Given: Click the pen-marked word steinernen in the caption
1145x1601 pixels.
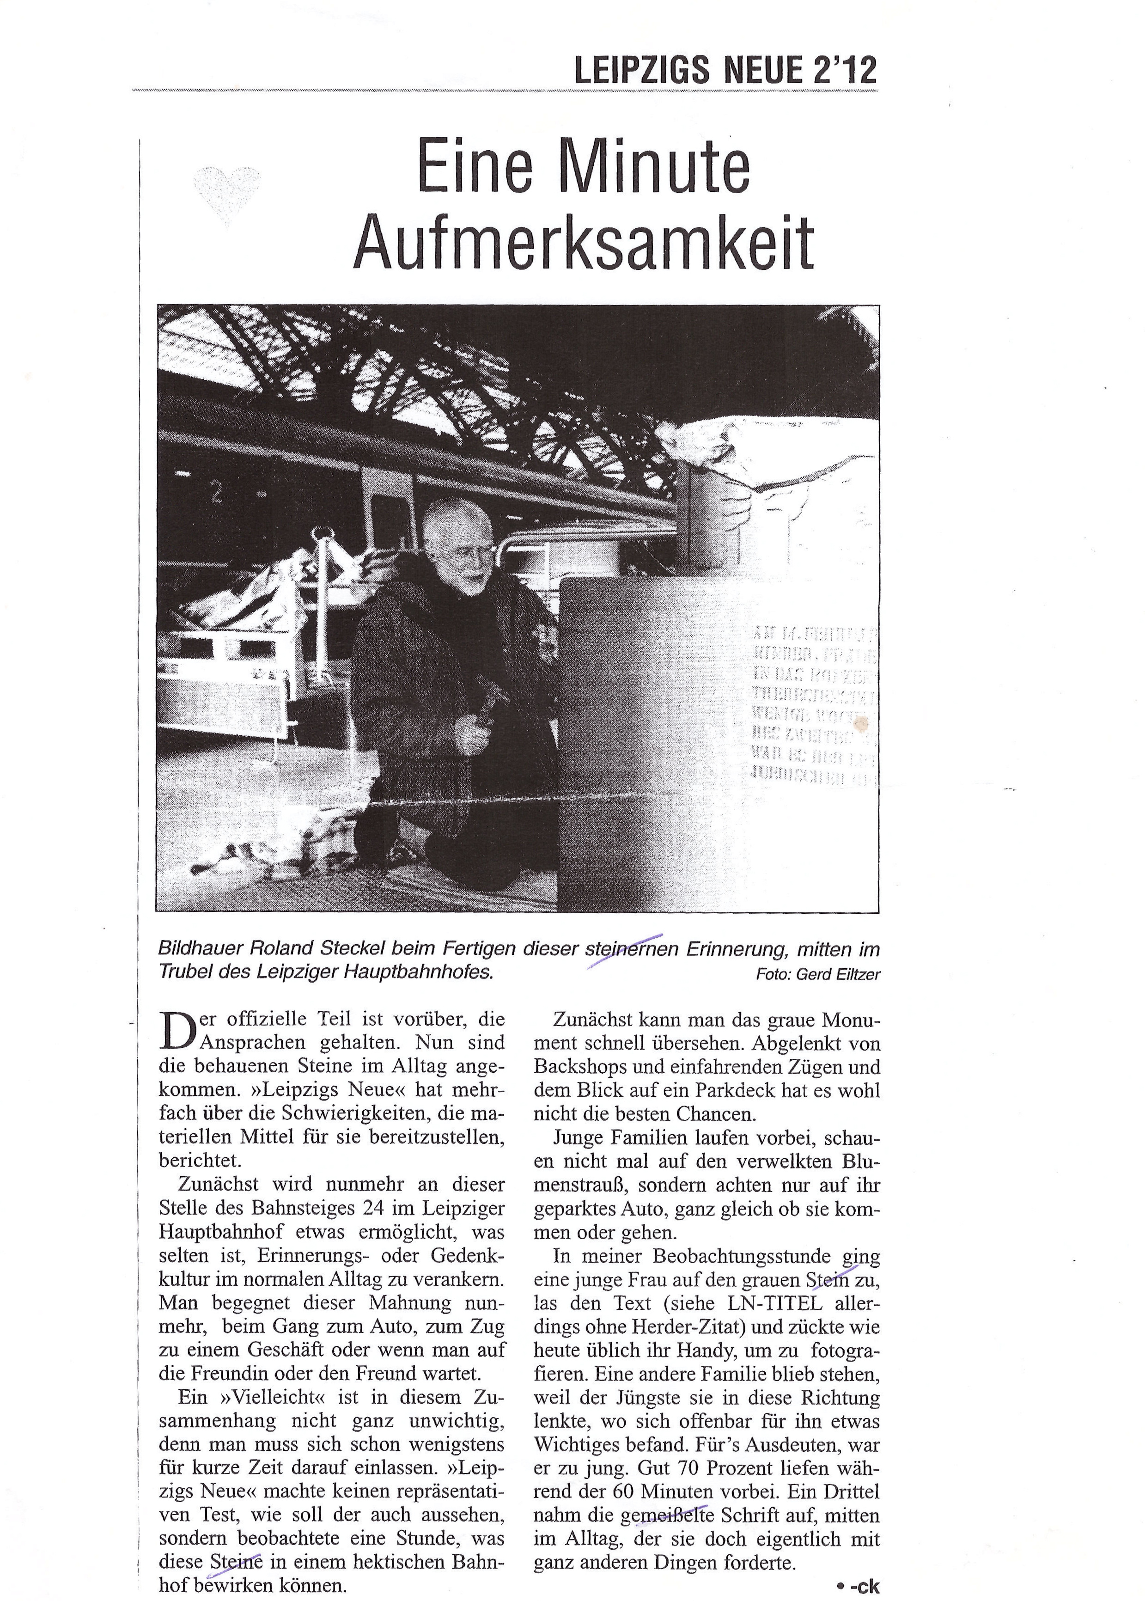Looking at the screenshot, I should point(631,949).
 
